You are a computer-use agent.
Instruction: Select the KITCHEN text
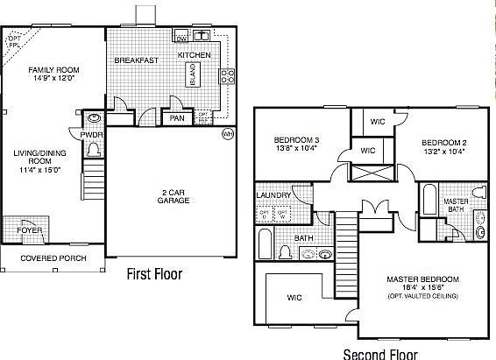tap(195, 55)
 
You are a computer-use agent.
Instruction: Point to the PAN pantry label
tap(176, 117)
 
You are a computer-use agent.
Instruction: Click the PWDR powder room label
tap(92, 134)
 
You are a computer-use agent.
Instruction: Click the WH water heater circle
tap(228, 134)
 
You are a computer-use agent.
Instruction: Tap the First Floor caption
tap(154, 274)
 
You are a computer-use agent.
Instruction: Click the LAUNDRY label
tap(273, 195)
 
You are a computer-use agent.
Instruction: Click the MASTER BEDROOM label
tap(422, 279)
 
